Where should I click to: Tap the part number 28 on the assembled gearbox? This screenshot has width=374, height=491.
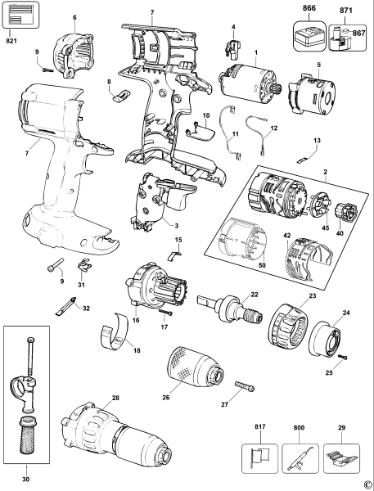115,399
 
